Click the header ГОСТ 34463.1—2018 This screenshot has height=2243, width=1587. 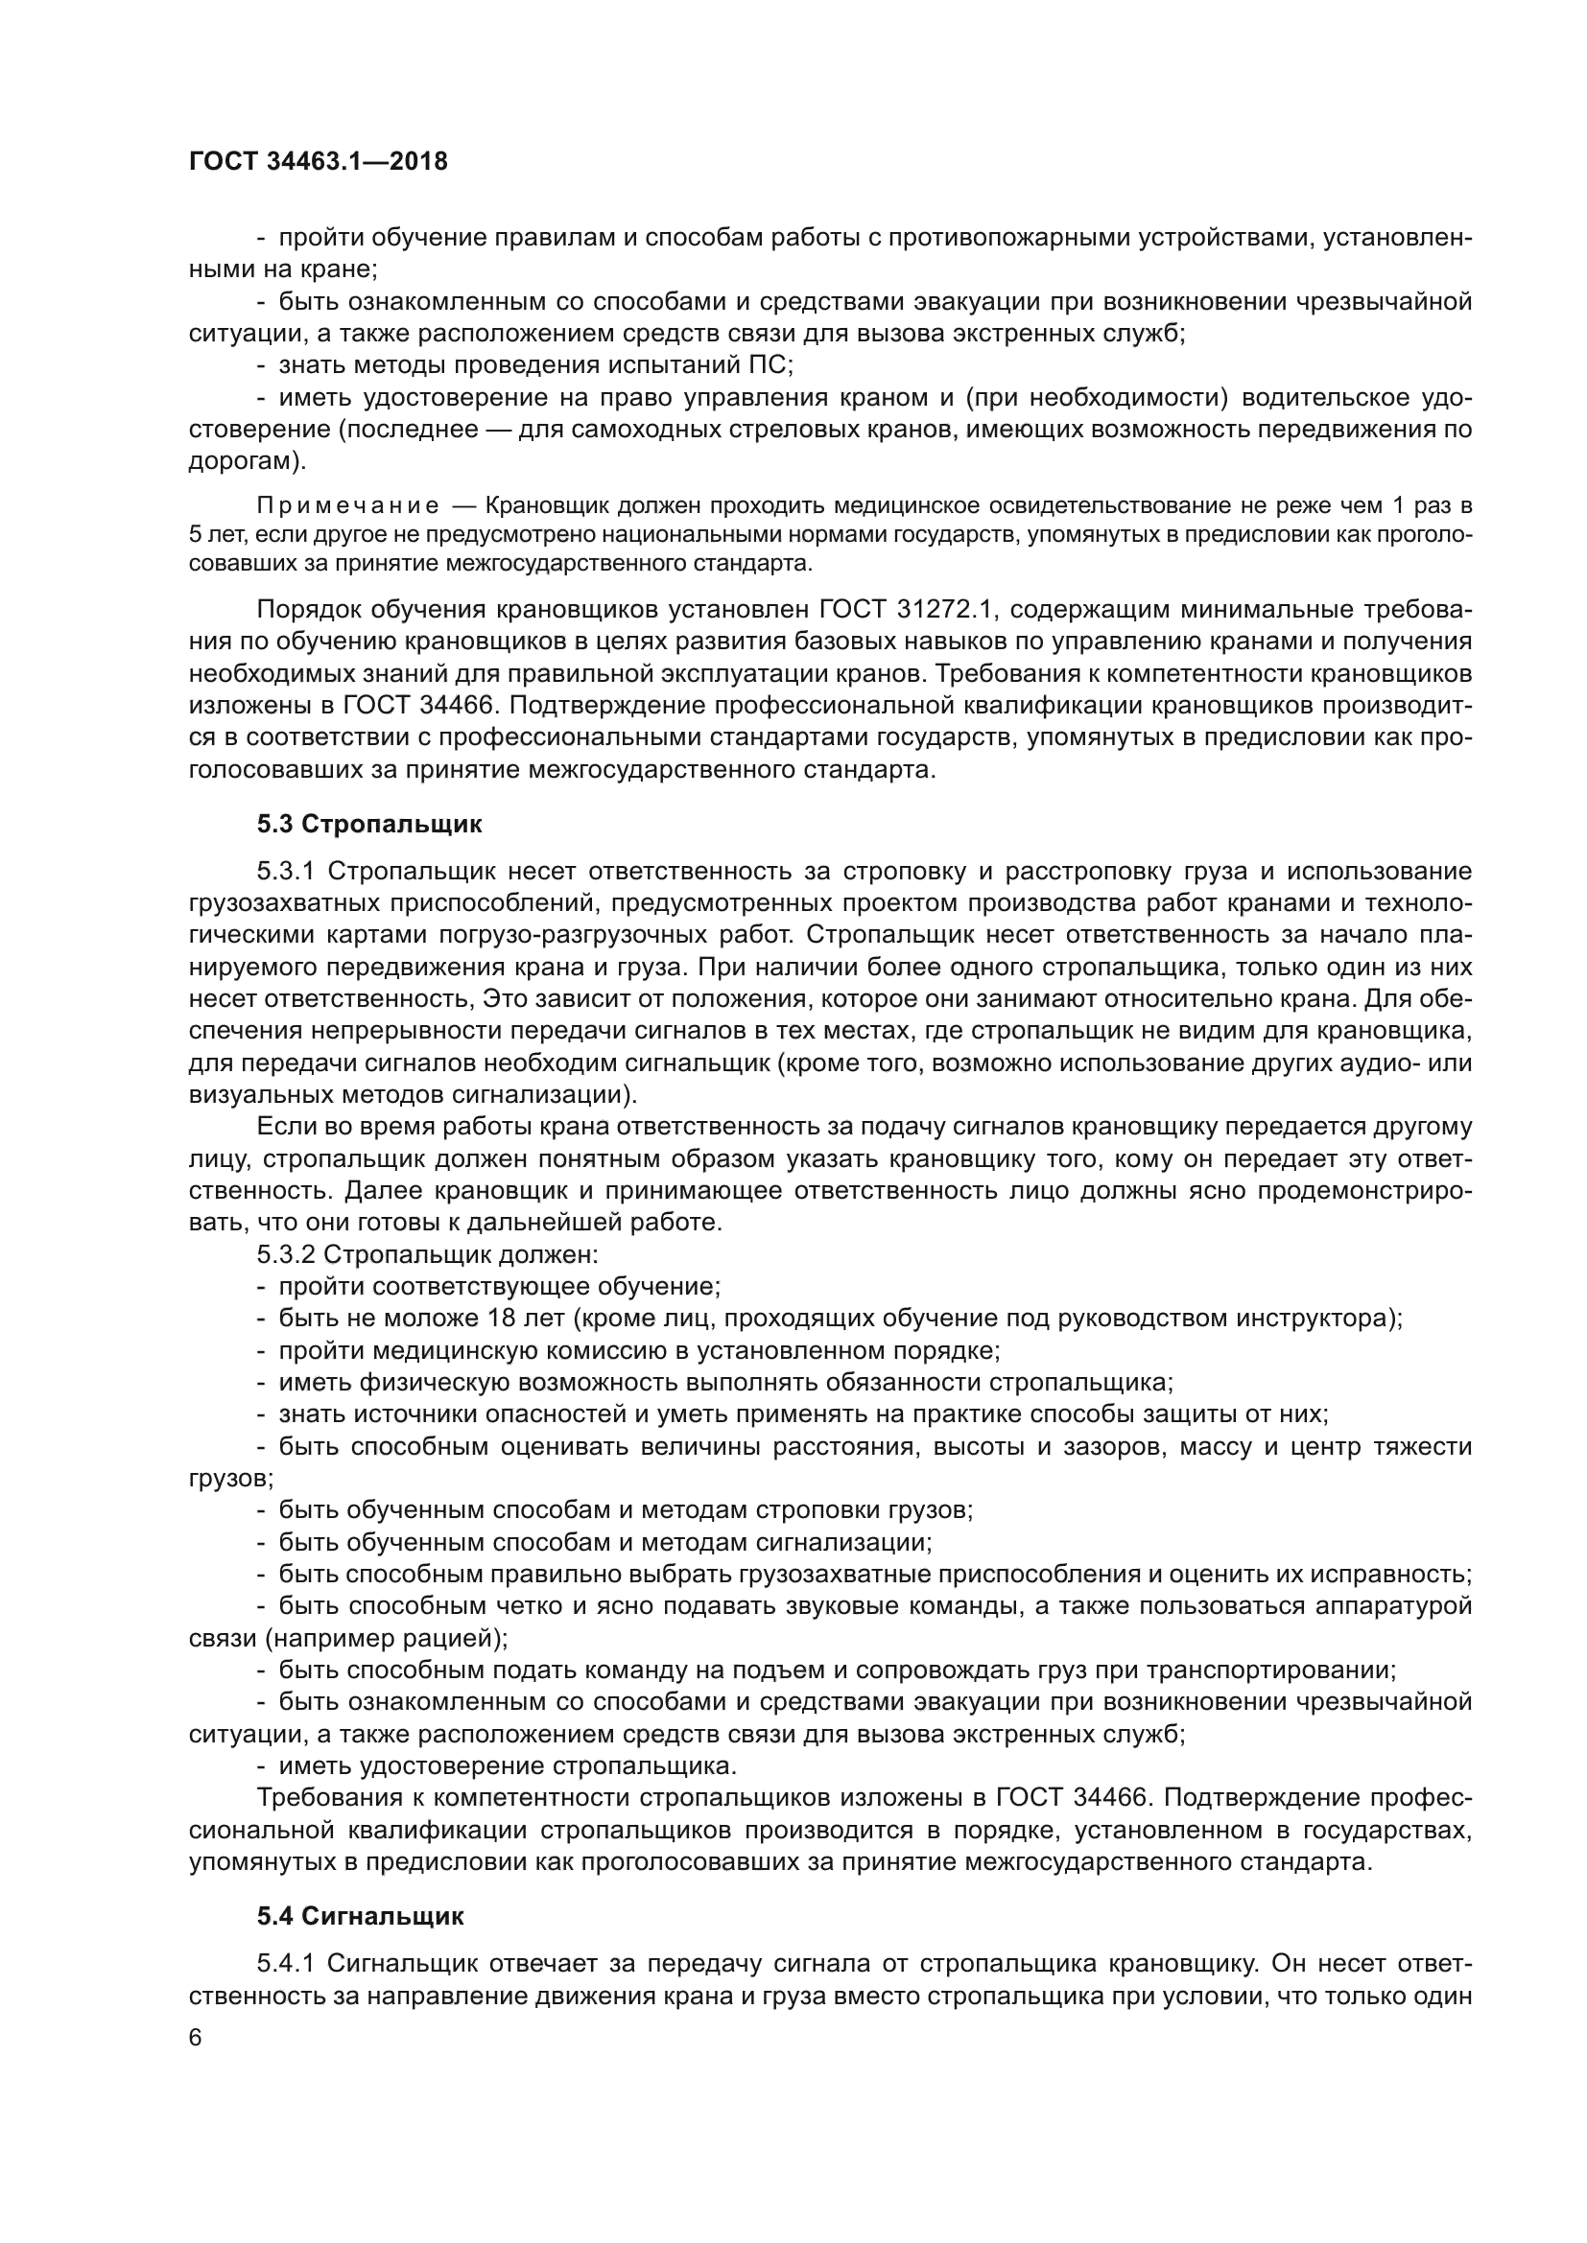click(x=319, y=162)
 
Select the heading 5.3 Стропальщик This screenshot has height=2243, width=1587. click(x=369, y=824)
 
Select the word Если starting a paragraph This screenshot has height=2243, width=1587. click(x=281, y=1127)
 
